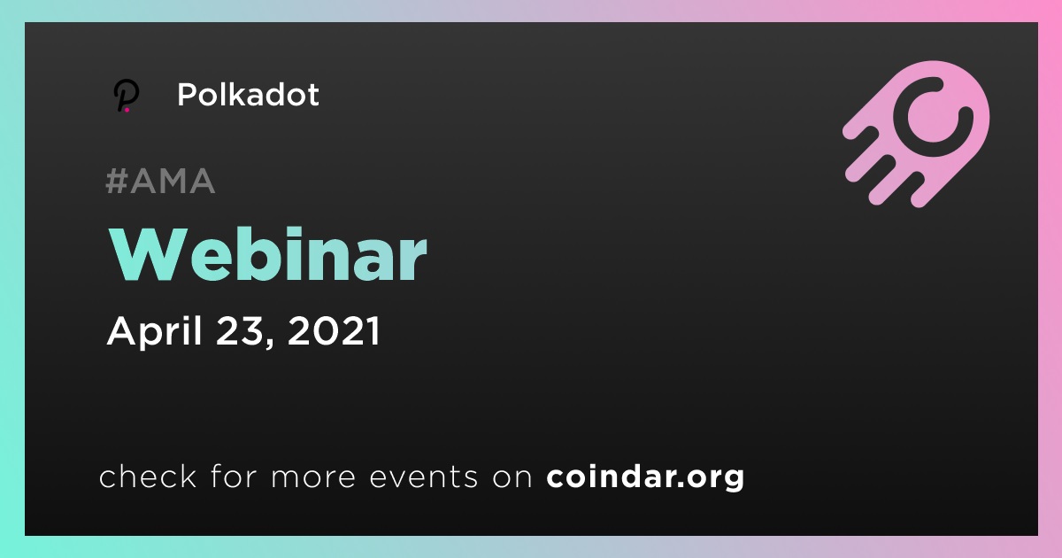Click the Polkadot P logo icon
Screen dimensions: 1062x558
(x=126, y=96)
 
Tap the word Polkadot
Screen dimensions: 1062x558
(x=248, y=95)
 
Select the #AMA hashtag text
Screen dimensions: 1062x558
(x=160, y=181)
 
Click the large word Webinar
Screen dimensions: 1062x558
(x=268, y=255)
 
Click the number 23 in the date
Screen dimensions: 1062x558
(x=239, y=330)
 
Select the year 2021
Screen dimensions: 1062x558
(x=334, y=330)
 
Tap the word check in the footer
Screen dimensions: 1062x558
(x=148, y=476)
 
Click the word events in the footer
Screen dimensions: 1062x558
(x=423, y=477)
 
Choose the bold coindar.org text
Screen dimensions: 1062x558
(x=645, y=477)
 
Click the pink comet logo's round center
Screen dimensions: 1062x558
(x=933, y=117)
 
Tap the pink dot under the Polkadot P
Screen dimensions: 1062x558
(x=127, y=110)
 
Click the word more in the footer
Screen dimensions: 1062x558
(x=313, y=477)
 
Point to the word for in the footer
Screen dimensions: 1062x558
(x=234, y=476)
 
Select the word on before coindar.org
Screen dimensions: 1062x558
(x=512, y=477)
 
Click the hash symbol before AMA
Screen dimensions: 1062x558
(x=117, y=181)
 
